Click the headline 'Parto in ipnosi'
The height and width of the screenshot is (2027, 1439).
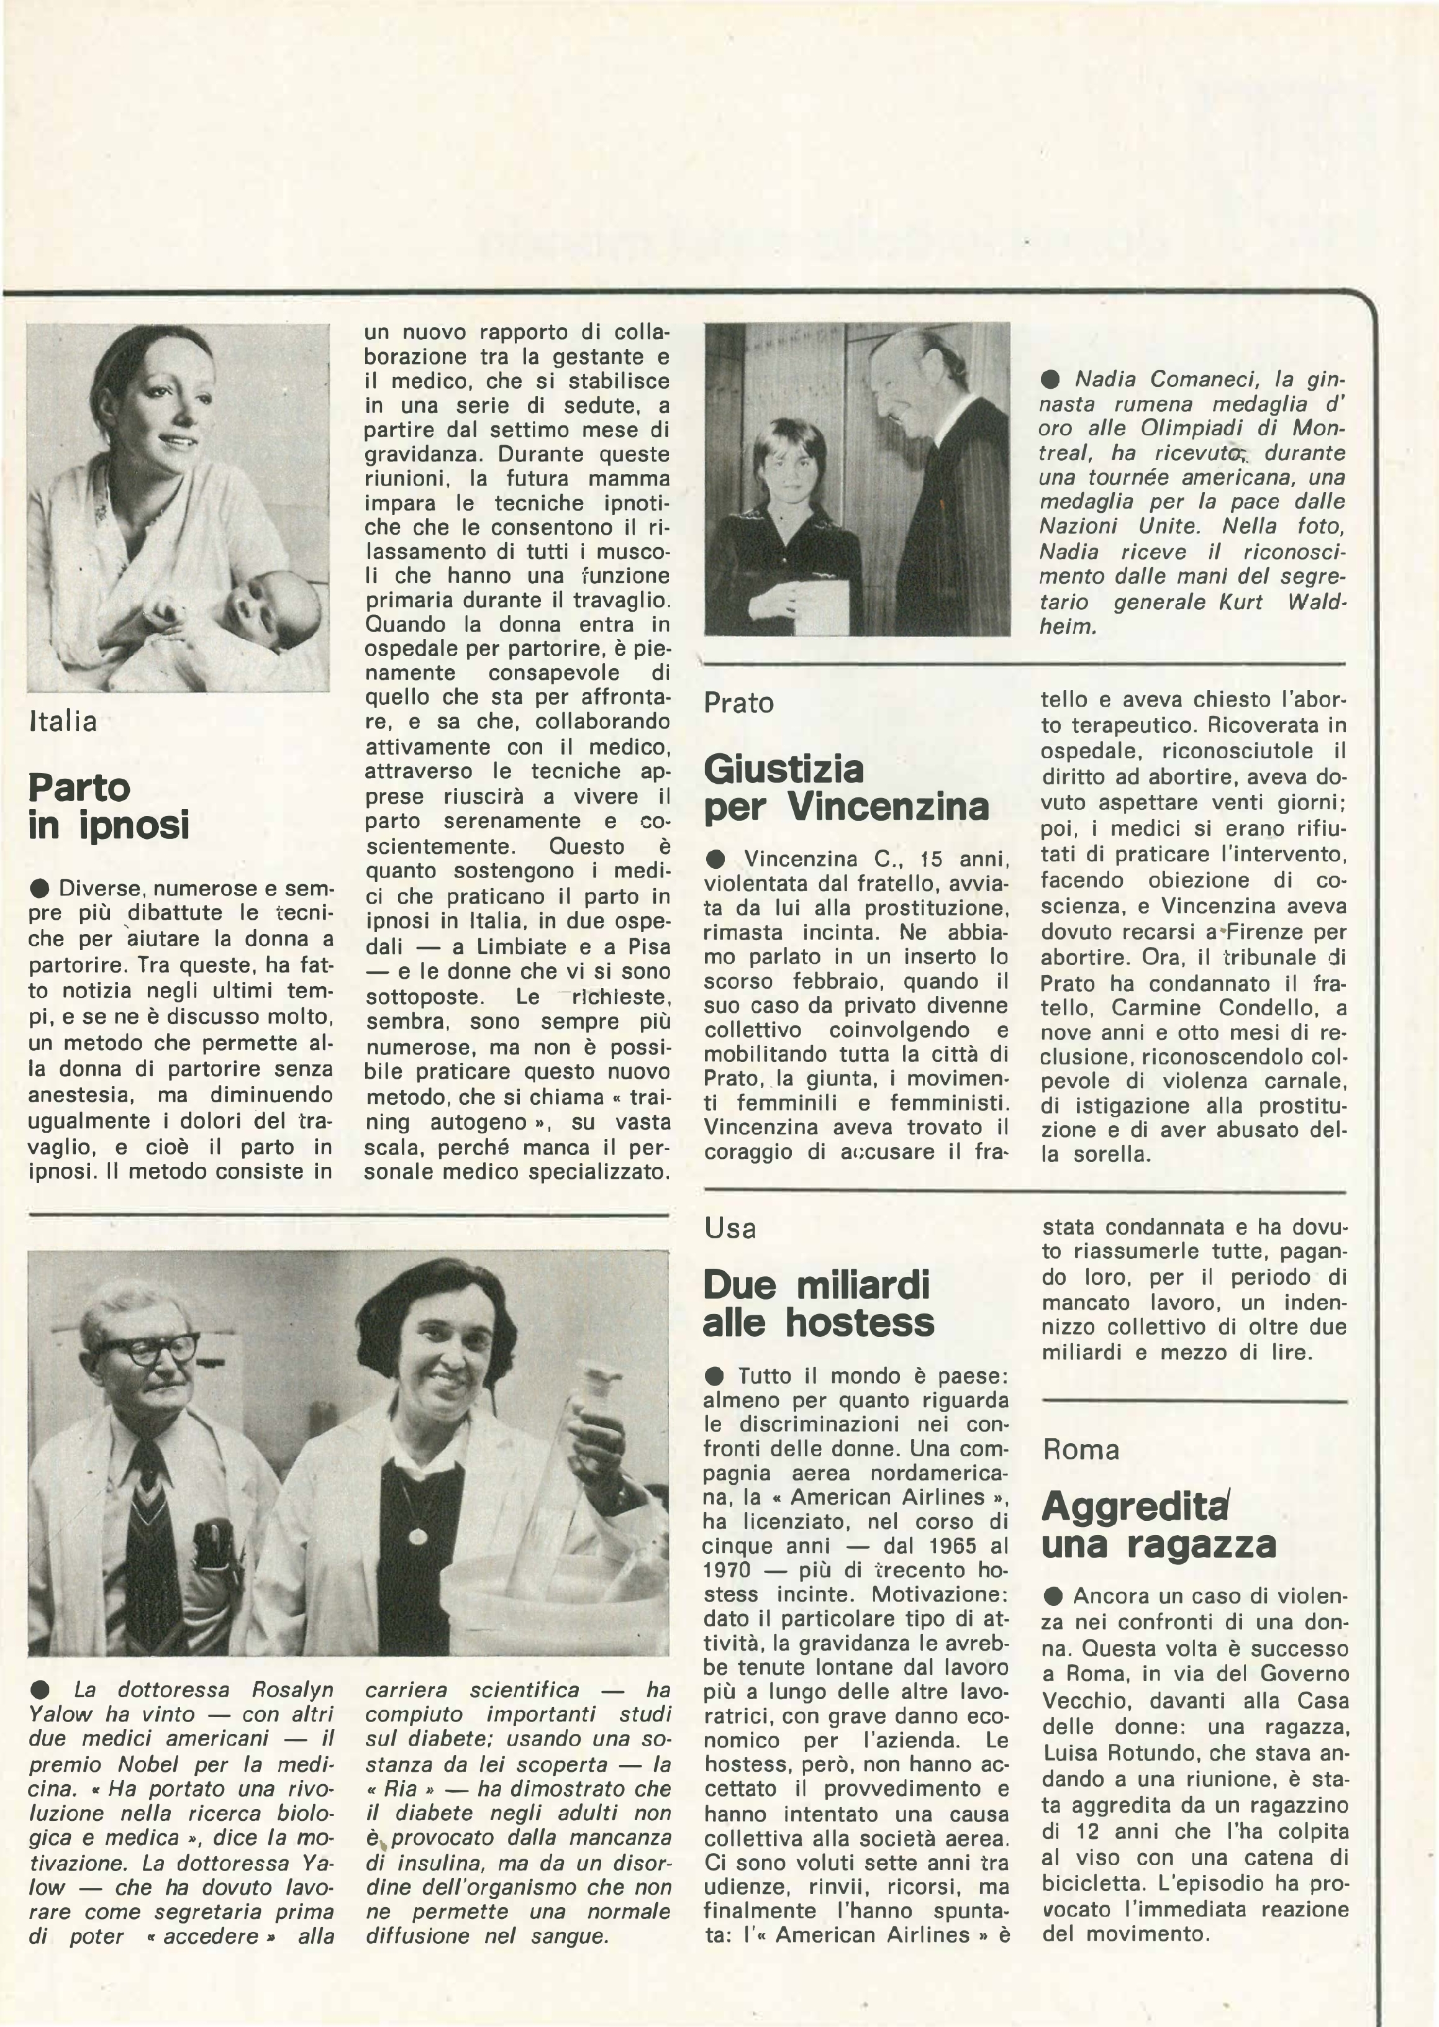point(109,806)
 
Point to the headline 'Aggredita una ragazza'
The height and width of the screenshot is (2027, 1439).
point(1158,1525)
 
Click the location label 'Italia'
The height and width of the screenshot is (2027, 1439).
point(62,721)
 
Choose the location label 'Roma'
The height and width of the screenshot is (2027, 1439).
point(1081,1449)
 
